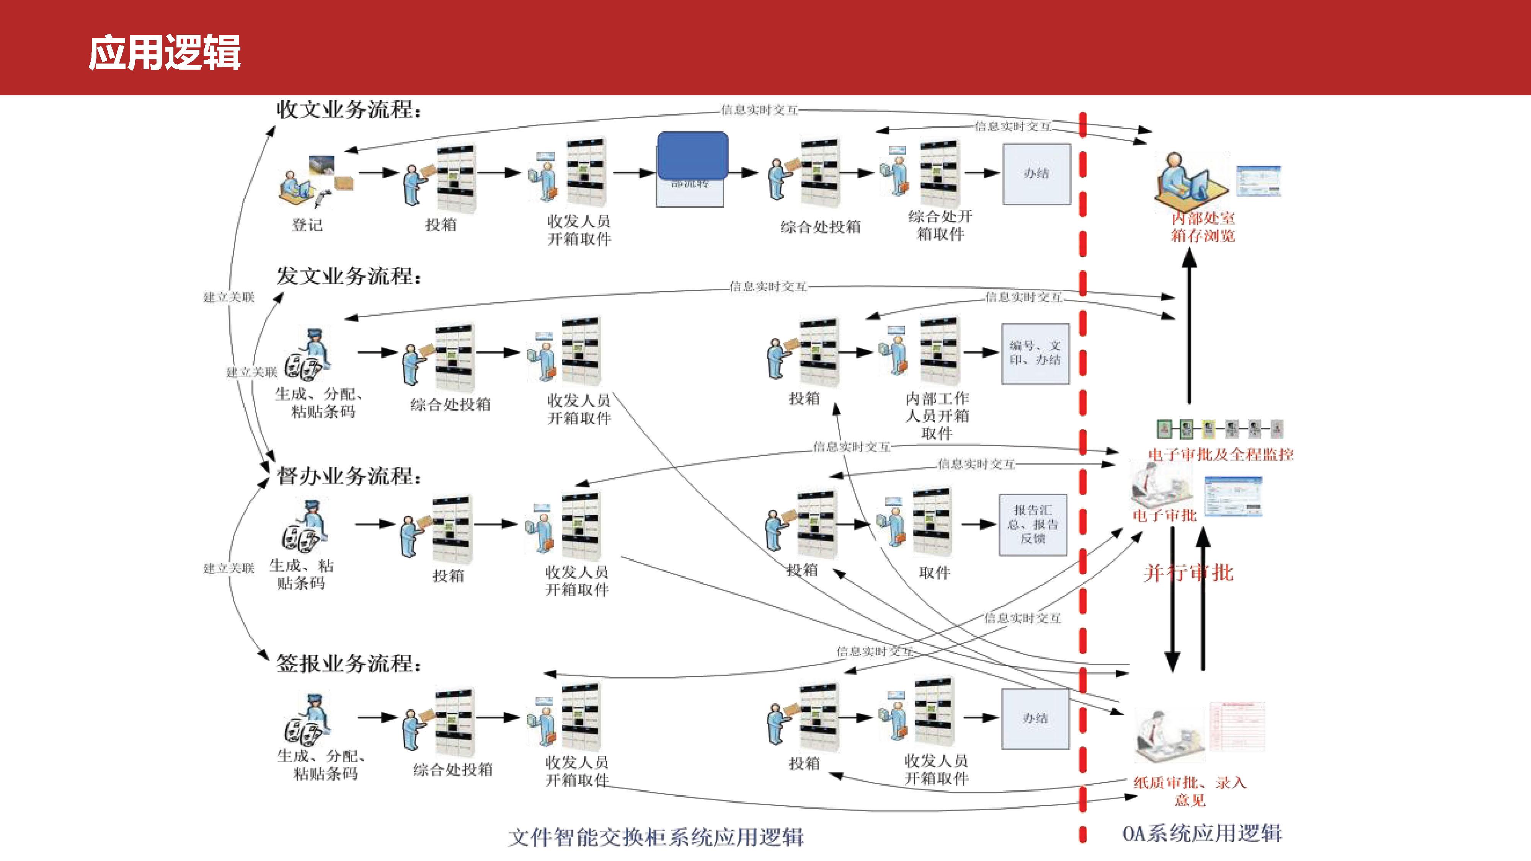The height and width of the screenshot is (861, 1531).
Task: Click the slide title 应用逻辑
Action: click(x=165, y=53)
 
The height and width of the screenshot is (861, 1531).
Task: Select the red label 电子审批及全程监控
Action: click(x=1221, y=455)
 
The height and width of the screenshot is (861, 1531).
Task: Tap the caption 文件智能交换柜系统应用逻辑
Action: click(x=656, y=837)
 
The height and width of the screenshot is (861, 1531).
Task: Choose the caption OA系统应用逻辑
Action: click(x=1202, y=833)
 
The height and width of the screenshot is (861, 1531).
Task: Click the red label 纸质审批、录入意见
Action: click(x=1190, y=791)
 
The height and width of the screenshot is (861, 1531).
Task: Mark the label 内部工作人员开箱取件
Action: click(x=937, y=415)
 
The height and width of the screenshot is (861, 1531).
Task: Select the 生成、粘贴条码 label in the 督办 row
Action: click(x=301, y=574)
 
